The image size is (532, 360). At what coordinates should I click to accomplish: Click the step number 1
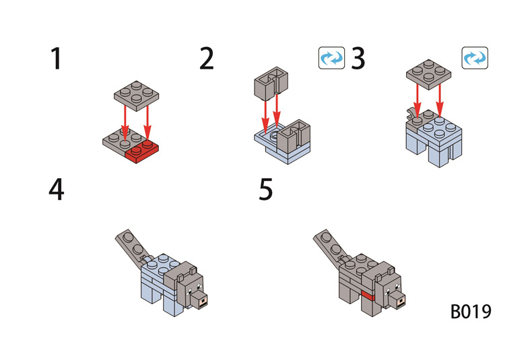pos(56,59)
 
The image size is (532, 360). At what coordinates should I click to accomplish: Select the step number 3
pos(358,59)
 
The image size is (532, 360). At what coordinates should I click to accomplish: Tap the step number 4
pos(57,190)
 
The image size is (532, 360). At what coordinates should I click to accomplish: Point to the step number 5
pos(266,190)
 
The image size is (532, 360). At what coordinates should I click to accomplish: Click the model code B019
pos(471,312)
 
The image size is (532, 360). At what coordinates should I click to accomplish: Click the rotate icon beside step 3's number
pos(331,58)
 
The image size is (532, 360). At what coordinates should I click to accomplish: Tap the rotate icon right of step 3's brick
pos(474,58)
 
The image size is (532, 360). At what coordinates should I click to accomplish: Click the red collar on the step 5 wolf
pos(367,296)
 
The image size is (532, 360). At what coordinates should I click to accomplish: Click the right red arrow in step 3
pos(440,101)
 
